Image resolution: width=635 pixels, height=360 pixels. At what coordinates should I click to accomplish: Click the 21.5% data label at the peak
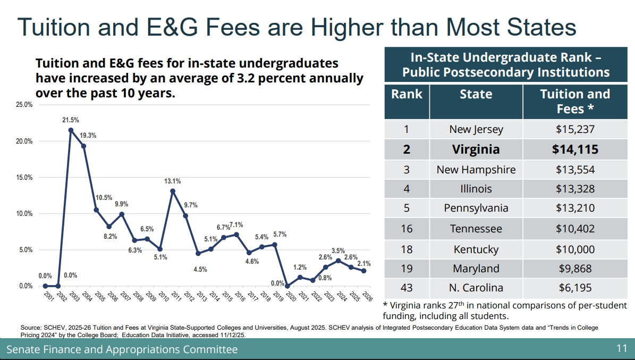[x=71, y=120]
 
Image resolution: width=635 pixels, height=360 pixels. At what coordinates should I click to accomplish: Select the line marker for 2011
[x=173, y=191]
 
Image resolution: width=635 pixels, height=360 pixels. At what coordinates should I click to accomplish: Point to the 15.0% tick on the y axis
[x=24, y=178]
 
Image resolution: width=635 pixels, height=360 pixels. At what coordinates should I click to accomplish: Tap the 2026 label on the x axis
[x=366, y=296]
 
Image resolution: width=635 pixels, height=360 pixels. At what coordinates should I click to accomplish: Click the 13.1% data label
[x=173, y=181]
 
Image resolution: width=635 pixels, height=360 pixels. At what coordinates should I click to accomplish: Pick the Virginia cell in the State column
[x=476, y=149]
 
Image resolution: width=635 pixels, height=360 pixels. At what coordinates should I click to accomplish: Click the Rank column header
[x=407, y=95]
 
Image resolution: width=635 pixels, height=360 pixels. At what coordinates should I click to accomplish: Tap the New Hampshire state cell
[x=476, y=170]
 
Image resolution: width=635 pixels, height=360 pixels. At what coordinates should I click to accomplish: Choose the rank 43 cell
[x=407, y=288]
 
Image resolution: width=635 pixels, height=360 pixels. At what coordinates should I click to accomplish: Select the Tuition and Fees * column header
[x=575, y=101]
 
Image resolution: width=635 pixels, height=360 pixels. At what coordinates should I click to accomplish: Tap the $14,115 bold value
[x=575, y=149]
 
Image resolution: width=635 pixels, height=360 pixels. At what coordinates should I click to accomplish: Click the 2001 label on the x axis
[x=48, y=296]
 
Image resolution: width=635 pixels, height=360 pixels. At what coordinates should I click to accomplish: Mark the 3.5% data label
[x=338, y=251]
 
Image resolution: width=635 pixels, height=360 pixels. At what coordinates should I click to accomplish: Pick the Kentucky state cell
[x=476, y=249]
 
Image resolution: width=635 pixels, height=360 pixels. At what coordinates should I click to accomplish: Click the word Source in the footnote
[x=30, y=328]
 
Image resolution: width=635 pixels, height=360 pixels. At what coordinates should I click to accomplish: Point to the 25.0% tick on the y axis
[x=24, y=105]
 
